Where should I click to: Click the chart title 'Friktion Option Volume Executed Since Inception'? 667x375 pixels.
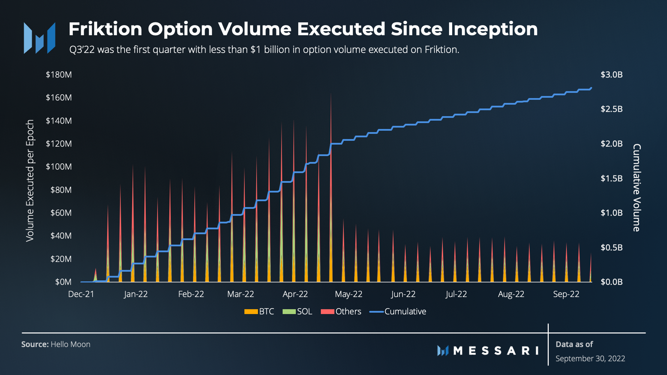[303, 29]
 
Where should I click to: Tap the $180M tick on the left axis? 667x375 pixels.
[59, 75]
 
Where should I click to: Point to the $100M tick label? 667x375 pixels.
[59, 167]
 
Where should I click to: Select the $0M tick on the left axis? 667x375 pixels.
[63, 282]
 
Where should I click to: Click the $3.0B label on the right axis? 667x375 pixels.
[612, 75]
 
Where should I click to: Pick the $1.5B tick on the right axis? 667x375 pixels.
[612, 178]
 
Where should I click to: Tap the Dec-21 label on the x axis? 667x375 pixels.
[81, 294]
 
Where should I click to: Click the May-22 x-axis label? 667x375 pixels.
[348, 294]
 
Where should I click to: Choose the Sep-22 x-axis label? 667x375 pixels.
[566, 294]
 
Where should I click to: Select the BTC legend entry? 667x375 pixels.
[259, 312]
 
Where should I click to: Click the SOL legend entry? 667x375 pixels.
[297, 312]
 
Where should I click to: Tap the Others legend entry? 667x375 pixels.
[341, 312]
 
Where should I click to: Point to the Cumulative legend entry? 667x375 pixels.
[398, 312]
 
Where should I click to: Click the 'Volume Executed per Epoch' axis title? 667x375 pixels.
[30, 180]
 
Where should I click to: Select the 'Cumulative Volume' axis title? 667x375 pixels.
[637, 188]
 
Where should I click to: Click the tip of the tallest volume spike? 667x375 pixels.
[331, 93]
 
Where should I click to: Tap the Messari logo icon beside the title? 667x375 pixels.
[40, 38]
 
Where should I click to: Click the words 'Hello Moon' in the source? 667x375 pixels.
[70, 344]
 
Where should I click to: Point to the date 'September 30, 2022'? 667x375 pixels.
[590, 359]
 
